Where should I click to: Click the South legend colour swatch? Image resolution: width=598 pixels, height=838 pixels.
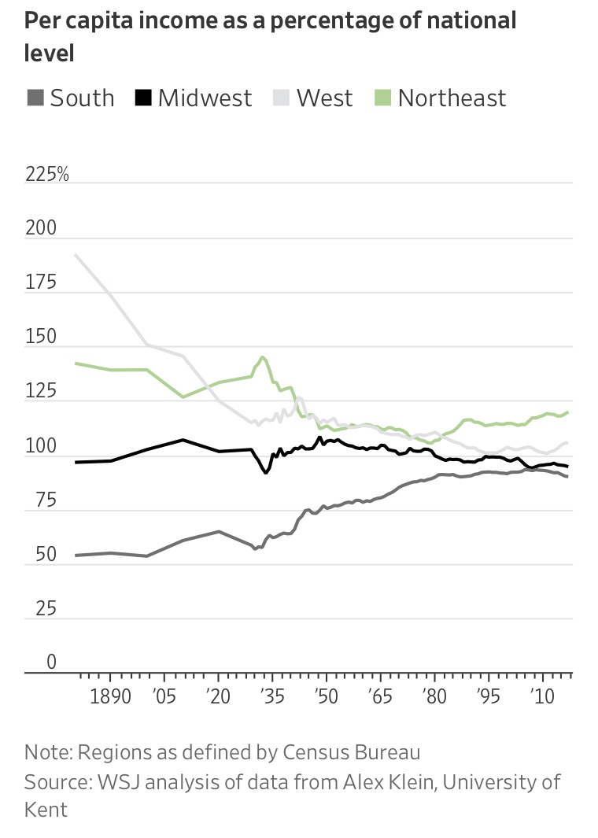pos(34,98)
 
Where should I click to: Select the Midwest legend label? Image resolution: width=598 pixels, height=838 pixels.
pos(205,98)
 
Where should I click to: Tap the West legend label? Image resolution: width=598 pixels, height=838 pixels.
pos(324,98)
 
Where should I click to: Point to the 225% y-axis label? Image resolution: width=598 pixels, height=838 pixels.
pos(47,174)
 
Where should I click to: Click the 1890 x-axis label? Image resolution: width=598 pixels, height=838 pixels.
pos(110,698)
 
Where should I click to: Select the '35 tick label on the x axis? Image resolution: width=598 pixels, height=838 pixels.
pos(270,698)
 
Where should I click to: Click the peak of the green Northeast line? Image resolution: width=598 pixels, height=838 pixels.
pos(262,356)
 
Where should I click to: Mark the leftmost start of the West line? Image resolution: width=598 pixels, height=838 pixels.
pos(76,255)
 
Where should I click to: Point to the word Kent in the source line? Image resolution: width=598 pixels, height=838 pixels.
pos(46,809)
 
